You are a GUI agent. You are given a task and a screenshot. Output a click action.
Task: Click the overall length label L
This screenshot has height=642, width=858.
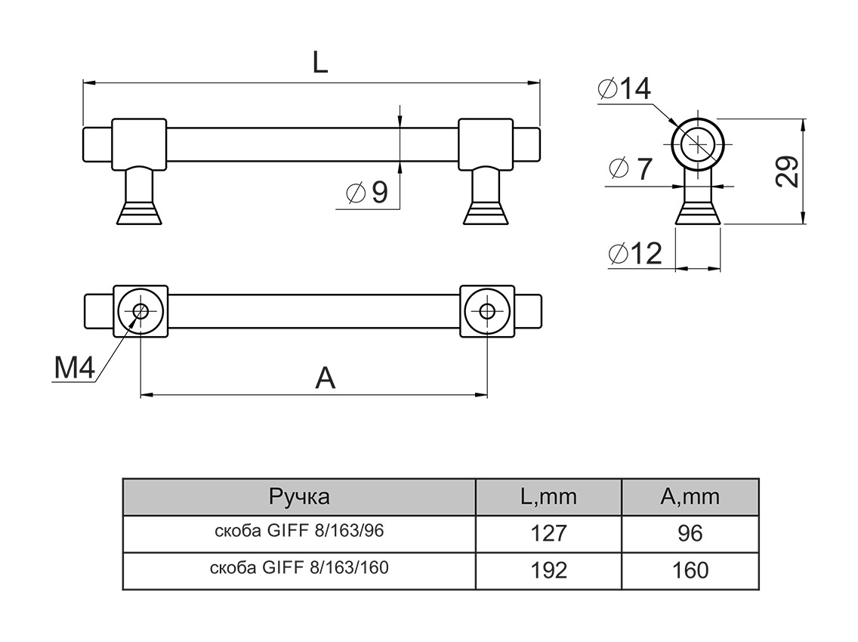point(320,63)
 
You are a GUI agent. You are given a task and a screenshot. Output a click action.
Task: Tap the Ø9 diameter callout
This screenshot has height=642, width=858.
point(368,193)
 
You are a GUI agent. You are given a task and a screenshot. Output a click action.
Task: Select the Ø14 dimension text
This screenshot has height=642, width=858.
point(624,90)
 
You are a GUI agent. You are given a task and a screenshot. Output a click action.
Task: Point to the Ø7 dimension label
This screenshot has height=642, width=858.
point(630,169)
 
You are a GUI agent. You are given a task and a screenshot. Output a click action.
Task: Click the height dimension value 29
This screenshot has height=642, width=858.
point(786,171)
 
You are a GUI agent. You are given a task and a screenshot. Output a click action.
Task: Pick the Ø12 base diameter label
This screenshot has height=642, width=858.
point(634,255)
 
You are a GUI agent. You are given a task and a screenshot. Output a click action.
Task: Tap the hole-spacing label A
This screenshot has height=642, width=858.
point(325,378)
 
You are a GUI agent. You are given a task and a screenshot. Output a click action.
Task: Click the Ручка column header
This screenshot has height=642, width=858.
point(299,497)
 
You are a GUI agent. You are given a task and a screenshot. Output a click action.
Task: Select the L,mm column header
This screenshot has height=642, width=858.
point(548,497)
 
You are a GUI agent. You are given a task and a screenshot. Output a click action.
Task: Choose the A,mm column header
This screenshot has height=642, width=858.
point(690,497)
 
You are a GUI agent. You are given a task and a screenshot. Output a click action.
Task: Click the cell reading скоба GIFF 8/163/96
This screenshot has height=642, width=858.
point(299,532)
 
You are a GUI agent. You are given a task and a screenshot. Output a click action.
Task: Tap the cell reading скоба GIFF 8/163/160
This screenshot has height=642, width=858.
point(299,568)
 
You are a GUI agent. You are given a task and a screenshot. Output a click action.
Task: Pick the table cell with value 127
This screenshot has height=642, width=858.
point(548,533)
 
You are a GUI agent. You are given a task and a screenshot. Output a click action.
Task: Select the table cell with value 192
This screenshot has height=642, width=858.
point(548,570)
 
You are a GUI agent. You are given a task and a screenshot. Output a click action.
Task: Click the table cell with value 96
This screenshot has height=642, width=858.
point(690,533)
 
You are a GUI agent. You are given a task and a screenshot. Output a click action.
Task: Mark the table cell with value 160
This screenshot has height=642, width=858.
point(690,570)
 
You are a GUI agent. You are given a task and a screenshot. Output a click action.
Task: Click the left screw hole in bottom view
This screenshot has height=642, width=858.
point(140,310)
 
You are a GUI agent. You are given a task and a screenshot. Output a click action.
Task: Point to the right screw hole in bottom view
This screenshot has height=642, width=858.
point(487,310)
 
